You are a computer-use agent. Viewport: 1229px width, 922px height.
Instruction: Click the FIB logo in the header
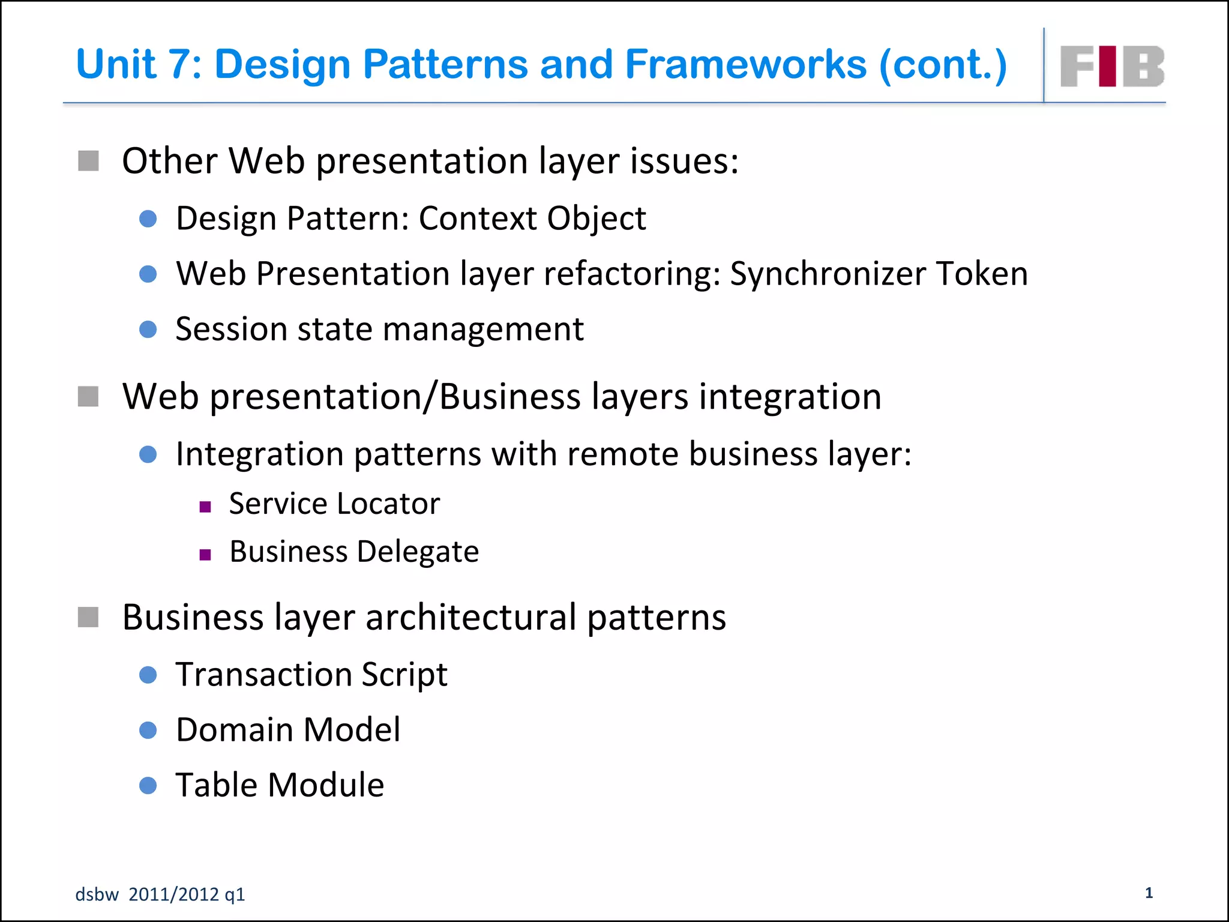(x=1112, y=66)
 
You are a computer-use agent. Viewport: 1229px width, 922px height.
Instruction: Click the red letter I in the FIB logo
(x=1108, y=66)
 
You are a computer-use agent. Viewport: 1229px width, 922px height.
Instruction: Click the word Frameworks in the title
(x=745, y=64)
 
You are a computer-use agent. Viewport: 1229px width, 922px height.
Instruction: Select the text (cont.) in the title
(x=943, y=65)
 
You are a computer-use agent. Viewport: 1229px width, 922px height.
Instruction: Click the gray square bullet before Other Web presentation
(x=89, y=161)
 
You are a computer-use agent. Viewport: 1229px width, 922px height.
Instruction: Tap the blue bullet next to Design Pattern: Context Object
(x=148, y=218)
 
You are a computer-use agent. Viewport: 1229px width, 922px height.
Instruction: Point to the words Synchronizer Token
(x=879, y=274)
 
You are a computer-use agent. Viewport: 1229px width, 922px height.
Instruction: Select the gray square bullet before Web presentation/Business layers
(x=89, y=396)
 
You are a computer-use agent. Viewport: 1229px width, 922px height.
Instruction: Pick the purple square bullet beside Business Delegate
(x=205, y=555)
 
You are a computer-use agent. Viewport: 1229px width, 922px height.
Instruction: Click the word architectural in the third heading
(x=470, y=617)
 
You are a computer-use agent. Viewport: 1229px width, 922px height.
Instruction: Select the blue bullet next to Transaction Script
(x=148, y=675)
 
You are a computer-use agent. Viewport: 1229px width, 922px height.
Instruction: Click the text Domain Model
(x=288, y=730)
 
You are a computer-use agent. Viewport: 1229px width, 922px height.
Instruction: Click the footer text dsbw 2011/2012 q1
(x=160, y=894)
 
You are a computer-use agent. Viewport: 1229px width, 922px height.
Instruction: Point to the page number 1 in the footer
(x=1149, y=893)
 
